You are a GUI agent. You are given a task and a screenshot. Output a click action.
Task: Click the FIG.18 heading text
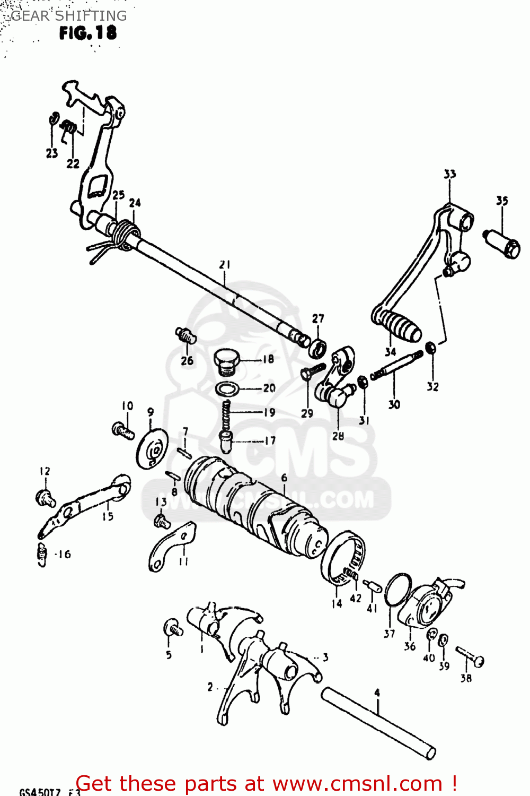pos(87,33)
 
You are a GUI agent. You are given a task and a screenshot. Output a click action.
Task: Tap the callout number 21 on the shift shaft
pos(225,264)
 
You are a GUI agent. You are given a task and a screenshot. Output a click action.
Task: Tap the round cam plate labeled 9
pos(152,449)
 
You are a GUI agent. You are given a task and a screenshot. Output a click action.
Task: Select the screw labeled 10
pos(123,430)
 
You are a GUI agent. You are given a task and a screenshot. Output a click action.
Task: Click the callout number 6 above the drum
pos(284,478)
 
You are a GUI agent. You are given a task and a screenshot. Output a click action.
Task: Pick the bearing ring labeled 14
pos(343,560)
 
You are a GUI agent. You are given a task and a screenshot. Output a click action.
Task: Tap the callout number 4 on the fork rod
pos(377,693)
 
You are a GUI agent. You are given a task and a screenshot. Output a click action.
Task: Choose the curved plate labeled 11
pos(171,546)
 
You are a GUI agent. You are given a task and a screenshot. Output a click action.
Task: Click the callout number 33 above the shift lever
pos(449,174)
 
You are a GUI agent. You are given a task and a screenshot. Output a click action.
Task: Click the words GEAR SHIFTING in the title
pos(69,15)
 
